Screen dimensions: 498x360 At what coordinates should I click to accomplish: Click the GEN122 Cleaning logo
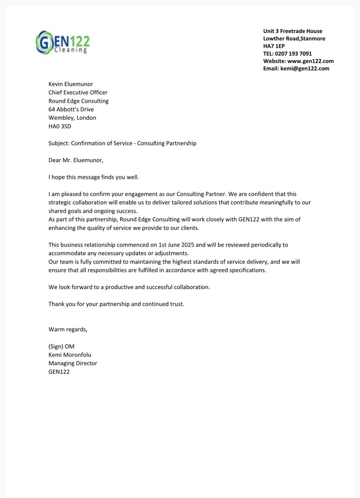pyautogui.click(x=63, y=42)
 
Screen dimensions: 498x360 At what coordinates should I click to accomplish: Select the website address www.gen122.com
pyautogui.click(x=310, y=61)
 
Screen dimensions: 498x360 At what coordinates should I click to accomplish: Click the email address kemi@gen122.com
pyautogui.click(x=305, y=68)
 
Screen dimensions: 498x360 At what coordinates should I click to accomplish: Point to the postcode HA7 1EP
pyautogui.click(x=274, y=46)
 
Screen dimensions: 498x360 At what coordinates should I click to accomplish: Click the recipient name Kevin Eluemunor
pyautogui.click(x=71, y=84)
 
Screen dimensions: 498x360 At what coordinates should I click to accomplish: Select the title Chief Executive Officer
pyautogui.click(x=78, y=93)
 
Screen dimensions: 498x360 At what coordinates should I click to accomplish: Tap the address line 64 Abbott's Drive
pyautogui.click(x=71, y=109)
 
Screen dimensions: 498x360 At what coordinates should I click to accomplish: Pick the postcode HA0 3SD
pyautogui.click(x=60, y=126)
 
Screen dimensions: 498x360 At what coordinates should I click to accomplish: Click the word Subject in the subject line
pyautogui.click(x=59, y=143)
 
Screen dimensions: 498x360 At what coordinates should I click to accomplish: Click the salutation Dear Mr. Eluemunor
pyautogui.click(x=76, y=160)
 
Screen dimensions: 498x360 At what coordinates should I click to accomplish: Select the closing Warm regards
pyautogui.click(x=68, y=330)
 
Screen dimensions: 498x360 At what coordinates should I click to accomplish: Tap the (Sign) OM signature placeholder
pyautogui.click(x=61, y=347)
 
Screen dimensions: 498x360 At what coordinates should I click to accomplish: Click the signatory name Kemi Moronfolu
pyautogui.click(x=70, y=355)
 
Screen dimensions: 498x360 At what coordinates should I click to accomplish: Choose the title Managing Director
pyautogui.click(x=73, y=363)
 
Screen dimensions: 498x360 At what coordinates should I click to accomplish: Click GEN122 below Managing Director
pyautogui.click(x=59, y=372)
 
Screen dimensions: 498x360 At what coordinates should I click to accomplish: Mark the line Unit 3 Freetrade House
pyautogui.click(x=293, y=31)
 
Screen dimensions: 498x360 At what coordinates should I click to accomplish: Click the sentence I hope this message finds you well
pyautogui.click(x=94, y=177)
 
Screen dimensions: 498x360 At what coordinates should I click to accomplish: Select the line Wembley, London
pyautogui.click(x=72, y=118)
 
